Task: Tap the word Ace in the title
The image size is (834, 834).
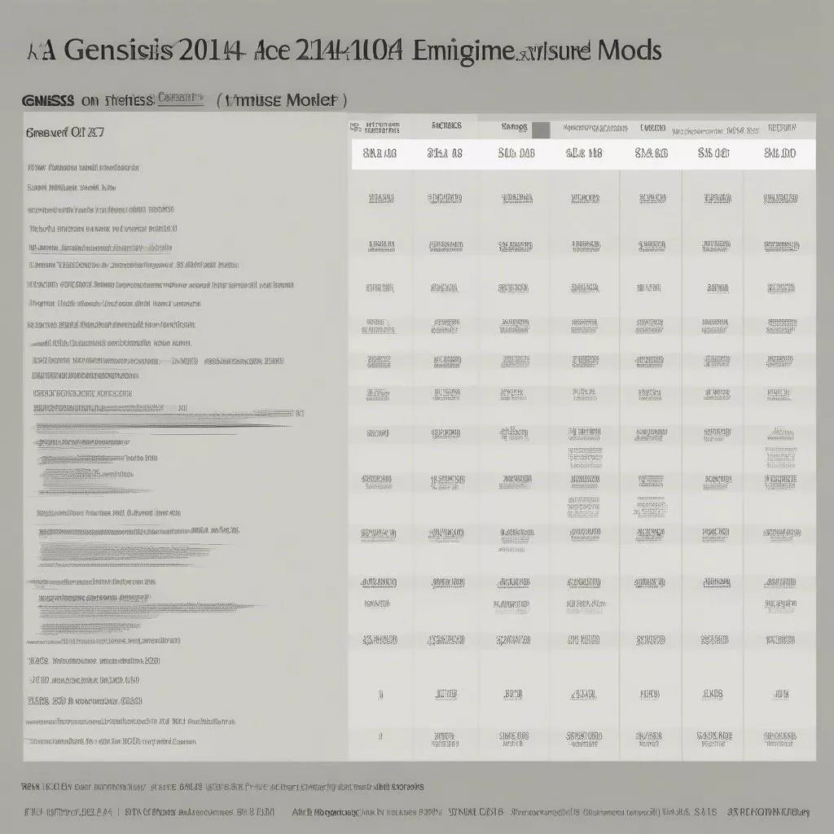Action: coord(280,50)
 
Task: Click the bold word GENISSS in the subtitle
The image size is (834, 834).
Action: coord(48,101)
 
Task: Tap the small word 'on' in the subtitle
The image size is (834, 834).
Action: coord(90,101)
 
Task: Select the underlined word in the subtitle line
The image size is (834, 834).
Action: coord(180,99)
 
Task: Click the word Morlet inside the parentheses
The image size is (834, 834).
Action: coord(309,101)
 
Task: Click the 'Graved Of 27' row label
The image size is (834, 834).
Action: coord(65,133)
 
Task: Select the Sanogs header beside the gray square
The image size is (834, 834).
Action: coord(514,128)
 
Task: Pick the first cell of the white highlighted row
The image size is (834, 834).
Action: coord(379,153)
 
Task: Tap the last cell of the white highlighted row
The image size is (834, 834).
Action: coord(779,153)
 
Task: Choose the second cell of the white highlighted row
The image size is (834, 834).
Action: coord(445,153)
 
